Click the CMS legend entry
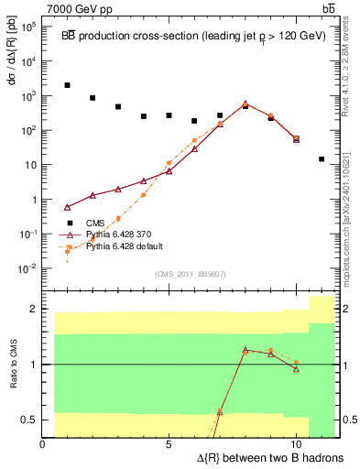(96, 222)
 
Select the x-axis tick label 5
(169, 444)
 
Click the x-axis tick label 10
(296, 444)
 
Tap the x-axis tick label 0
(42, 444)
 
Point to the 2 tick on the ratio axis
(33, 309)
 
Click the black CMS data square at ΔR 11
(322, 158)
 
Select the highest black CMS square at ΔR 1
(68, 85)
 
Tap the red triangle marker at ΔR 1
(68, 206)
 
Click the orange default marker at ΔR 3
(118, 218)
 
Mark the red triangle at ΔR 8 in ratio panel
(245, 349)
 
